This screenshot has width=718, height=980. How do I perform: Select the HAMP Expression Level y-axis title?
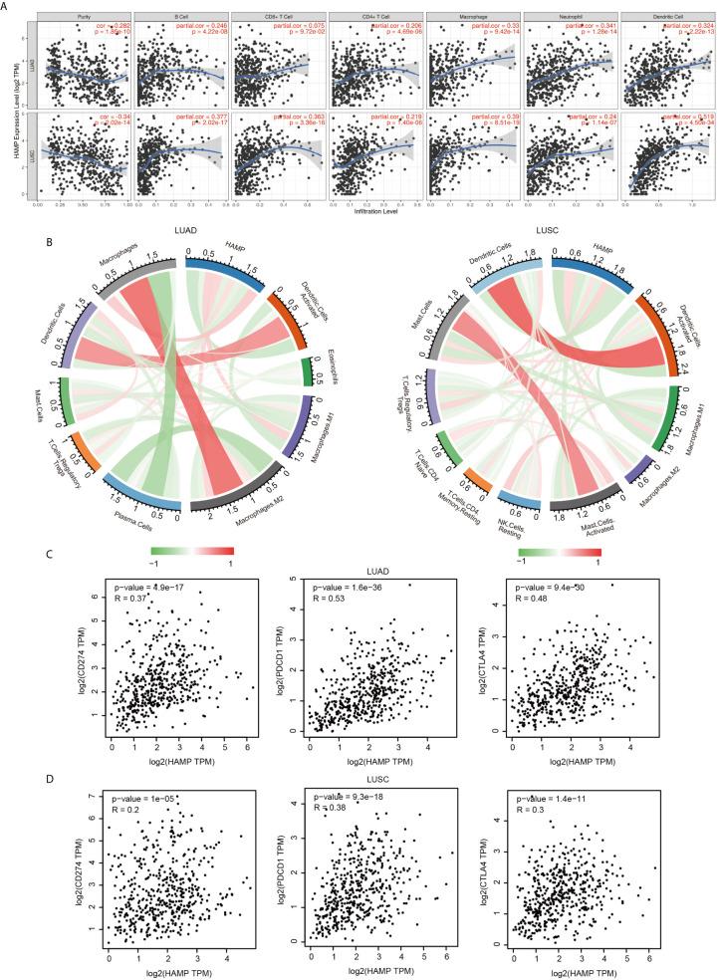tap(11, 109)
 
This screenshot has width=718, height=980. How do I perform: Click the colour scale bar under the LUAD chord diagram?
tap(192, 551)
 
